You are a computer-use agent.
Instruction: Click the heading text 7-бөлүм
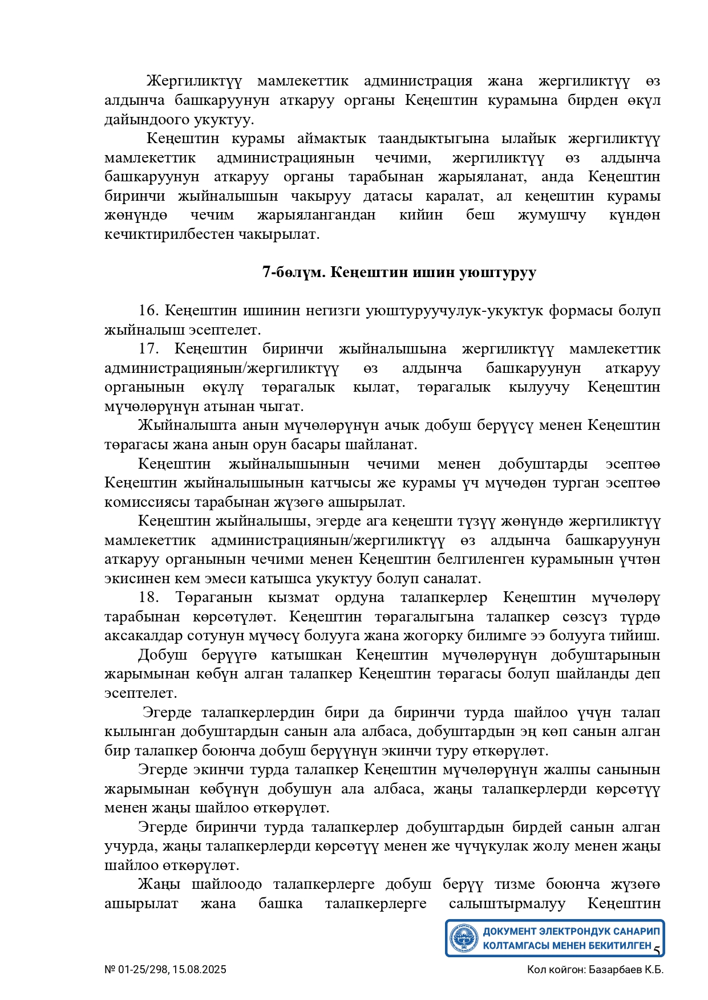293,272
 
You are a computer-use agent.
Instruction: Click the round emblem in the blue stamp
463,938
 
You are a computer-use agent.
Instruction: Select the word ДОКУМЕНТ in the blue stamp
509,932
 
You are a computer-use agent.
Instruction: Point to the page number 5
657,951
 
